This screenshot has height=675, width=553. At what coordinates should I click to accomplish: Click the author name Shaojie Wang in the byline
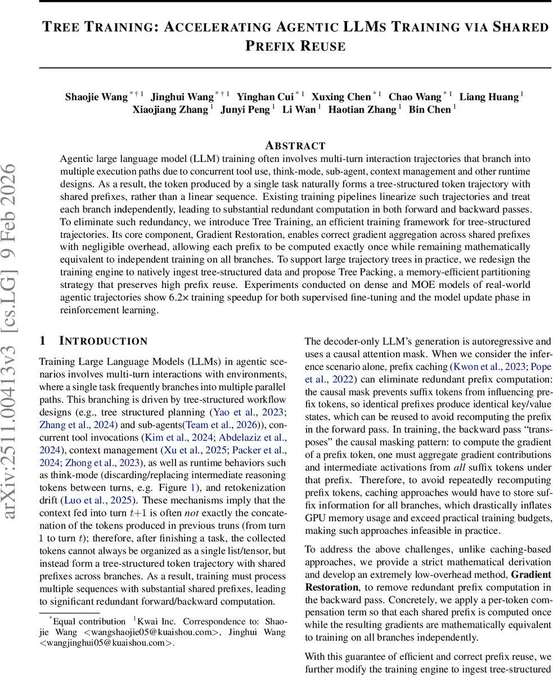[96, 97]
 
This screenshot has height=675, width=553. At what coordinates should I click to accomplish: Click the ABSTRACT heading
[295, 146]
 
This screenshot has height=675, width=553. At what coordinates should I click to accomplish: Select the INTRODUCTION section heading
[103, 341]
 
